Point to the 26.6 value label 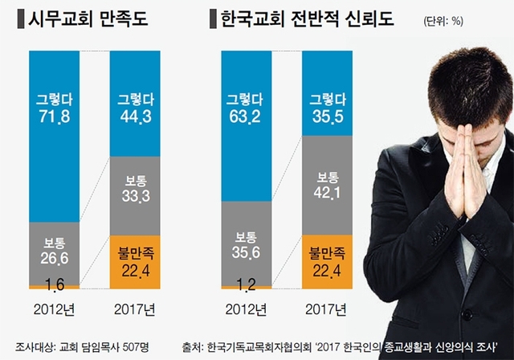click(x=54, y=256)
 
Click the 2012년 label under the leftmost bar click(x=54, y=309)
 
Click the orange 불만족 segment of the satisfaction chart click(x=134, y=261)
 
